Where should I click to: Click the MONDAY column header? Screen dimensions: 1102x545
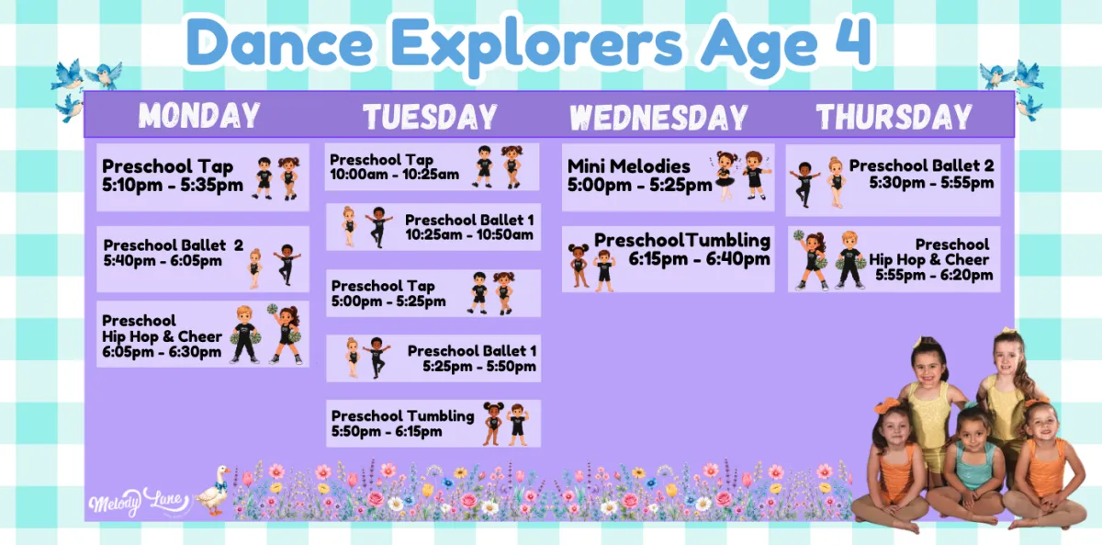[x=199, y=115]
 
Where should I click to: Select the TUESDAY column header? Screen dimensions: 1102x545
[x=430, y=117]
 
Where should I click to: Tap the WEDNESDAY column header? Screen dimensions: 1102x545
[x=658, y=117]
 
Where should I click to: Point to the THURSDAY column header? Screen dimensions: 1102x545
[x=894, y=117]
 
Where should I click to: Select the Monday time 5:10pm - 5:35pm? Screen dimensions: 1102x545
[x=173, y=185]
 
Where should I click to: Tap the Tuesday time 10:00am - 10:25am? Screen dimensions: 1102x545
[x=394, y=175]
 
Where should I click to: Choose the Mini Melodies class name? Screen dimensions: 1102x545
[x=629, y=166]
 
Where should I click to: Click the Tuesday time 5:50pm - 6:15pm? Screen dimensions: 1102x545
[x=387, y=431]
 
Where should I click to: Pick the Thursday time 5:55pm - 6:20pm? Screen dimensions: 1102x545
[x=934, y=275]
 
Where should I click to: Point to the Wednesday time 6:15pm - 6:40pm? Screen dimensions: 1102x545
[x=699, y=259]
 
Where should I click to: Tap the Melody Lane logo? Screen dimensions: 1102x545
[x=140, y=502]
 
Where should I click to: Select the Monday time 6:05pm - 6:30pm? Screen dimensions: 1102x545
[x=162, y=352]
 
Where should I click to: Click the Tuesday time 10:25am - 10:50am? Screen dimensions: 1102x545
[x=469, y=235]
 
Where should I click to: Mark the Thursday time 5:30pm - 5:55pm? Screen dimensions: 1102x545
[x=931, y=183]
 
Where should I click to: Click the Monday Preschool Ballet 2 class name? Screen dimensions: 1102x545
[x=174, y=244]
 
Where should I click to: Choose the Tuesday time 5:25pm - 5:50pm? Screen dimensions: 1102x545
[x=479, y=367]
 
